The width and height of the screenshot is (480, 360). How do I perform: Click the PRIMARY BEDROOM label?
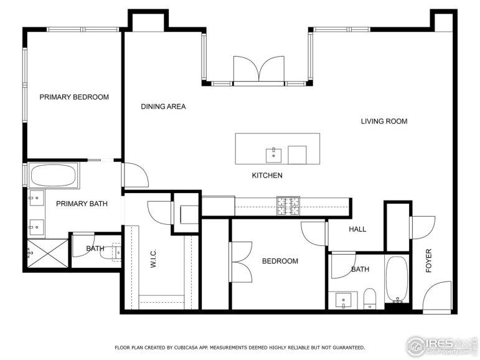click(74, 97)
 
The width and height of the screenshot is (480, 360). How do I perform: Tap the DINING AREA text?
click(163, 107)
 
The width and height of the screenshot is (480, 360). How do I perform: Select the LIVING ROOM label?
click(384, 121)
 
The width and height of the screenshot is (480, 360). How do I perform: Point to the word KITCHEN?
click(267, 176)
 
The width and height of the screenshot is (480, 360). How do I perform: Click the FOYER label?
click(428, 261)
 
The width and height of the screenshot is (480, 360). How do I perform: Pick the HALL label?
click(357, 229)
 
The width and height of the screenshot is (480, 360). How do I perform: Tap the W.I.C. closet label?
click(153, 258)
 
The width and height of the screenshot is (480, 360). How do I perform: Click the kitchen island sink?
click(274, 155)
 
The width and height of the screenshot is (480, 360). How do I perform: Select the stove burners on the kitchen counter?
click(288, 206)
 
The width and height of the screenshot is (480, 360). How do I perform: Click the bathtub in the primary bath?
click(54, 175)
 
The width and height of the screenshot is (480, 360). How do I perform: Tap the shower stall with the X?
click(48, 253)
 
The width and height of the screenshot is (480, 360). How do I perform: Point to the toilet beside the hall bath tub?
click(369, 299)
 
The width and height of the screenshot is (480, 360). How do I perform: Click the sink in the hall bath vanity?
click(343, 300)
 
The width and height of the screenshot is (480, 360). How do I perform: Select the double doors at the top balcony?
click(259, 69)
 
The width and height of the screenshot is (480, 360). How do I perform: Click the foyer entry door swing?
click(437, 296)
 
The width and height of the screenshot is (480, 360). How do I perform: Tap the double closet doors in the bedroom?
click(241, 262)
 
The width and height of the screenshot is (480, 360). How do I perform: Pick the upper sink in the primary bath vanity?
click(36, 198)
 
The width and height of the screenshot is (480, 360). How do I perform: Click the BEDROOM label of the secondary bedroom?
click(280, 261)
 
